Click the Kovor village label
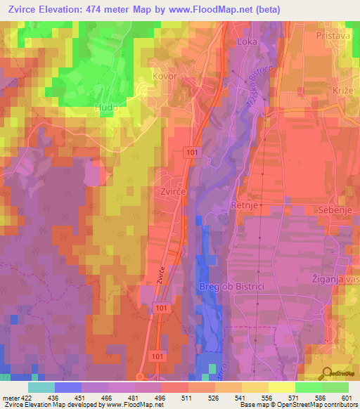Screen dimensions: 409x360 (164, 75)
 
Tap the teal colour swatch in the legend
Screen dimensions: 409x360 (41, 387)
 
